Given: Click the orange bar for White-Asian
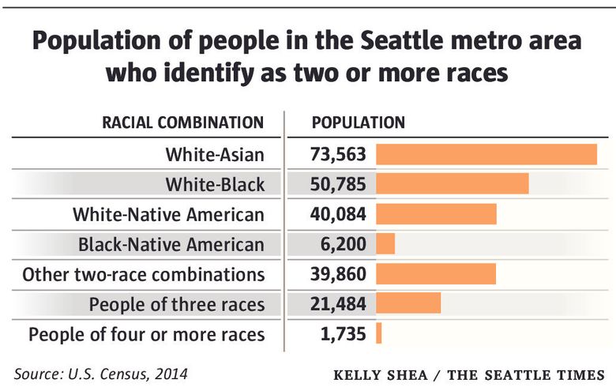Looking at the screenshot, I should (486, 154).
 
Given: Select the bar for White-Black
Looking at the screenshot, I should (452, 184).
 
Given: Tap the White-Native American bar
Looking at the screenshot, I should (436, 214).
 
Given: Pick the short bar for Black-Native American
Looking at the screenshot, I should (385, 244).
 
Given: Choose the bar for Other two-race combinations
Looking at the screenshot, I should (435, 274).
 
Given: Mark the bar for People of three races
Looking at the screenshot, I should (408, 303).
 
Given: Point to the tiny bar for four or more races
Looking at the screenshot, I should (379, 333).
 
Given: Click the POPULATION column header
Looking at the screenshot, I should (359, 122).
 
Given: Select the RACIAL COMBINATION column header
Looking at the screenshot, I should (183, 122).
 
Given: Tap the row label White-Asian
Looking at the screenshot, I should (215, 154).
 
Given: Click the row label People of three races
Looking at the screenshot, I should (176, 304).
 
